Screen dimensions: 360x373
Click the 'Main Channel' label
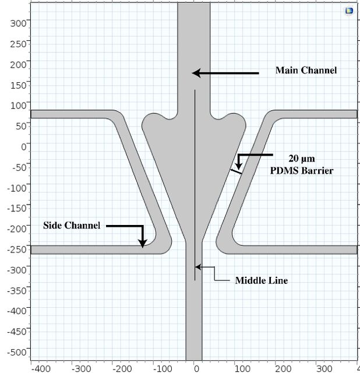tap(306, 70)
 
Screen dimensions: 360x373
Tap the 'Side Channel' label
tap(72, 226)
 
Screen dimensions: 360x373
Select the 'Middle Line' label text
tap(262, 280)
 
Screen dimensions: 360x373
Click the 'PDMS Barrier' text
tap(302, 171)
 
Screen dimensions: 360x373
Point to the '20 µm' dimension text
tap(302, 159)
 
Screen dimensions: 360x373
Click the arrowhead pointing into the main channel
tap(196, 73)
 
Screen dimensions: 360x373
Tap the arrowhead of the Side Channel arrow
tap(143, 244)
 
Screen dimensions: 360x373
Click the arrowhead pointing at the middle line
tap(198, 267)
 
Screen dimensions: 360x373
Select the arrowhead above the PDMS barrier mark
tap(239, 166)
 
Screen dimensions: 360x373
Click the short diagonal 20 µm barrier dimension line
tap(236, 171)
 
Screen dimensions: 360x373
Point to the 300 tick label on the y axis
tap(18, 23)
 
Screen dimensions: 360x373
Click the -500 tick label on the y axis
tap(17, 352)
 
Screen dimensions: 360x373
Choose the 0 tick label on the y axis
tap(23, 147)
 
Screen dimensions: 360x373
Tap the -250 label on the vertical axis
tap(17, 249)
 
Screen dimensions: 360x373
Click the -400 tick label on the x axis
tap(41, 369)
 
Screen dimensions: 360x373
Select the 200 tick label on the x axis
tap(283, 369)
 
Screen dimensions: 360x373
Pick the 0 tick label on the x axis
tap(196, 369)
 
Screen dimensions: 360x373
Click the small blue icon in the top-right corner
tap(349, 10)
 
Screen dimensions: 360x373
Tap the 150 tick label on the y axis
tap(18, 85)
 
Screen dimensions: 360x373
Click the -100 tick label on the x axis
tap(163, 369)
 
